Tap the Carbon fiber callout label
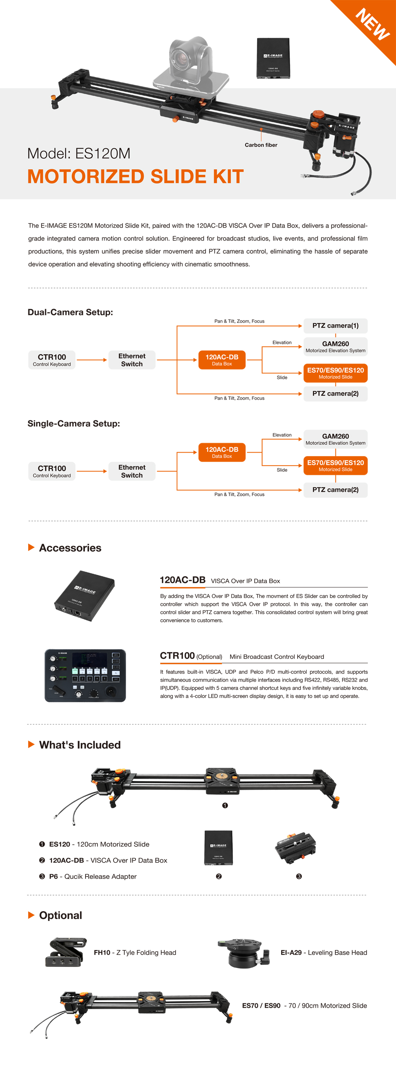tap(261, 145)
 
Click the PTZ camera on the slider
tap(190, 62)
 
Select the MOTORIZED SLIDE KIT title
tap(135, 176)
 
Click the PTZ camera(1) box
tap(335, 326)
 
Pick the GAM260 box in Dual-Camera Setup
tap(335, 347)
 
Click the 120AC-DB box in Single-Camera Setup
tap(222, 452)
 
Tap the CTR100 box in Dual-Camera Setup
tap(52, 360)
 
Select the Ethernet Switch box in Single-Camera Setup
tap(132, 471)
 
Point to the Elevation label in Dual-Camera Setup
tap(282, 342)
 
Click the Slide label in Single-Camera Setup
tap(282, 470)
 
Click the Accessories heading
tap(70, 548)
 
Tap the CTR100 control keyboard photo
tap(85, 675)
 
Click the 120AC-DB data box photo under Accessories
tap(85, 596)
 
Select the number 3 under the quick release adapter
tap(299, 876)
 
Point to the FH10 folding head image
tap(66, 952)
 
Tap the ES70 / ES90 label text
tap(261, 1005)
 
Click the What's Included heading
tap(80, 745)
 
